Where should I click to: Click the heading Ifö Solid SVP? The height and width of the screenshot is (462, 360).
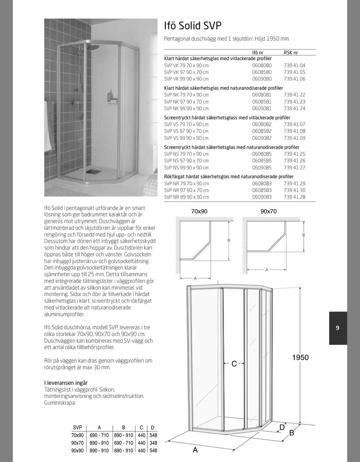click(193, 25)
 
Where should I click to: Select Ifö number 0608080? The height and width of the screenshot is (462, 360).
click(262, 65)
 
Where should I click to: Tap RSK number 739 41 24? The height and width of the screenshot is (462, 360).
click(294, 109)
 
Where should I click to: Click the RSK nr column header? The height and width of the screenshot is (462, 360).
click(291, 53)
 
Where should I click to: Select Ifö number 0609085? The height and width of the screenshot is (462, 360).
click(262, 167)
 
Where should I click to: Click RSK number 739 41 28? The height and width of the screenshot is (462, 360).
click(294, 197)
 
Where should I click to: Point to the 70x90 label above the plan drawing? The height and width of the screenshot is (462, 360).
click(199, 211)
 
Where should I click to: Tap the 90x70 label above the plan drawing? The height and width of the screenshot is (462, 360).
click(268, 211)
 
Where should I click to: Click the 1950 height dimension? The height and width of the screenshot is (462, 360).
click(300, 357)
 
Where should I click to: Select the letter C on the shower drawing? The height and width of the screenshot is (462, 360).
click(234, 363)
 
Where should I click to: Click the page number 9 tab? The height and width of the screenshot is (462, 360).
click(337, 328)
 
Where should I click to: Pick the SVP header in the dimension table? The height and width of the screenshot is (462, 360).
click(77, 428)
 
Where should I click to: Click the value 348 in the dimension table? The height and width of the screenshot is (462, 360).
click(153, 443)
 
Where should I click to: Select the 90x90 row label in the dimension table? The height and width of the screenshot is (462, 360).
click(77, 451)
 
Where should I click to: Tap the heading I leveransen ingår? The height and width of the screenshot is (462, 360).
click(66, 383)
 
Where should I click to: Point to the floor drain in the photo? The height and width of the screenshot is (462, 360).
click(91, 172)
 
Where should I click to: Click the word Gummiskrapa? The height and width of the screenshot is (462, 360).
click(60, 403)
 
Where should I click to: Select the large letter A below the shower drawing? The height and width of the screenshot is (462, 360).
click(195, 450)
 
